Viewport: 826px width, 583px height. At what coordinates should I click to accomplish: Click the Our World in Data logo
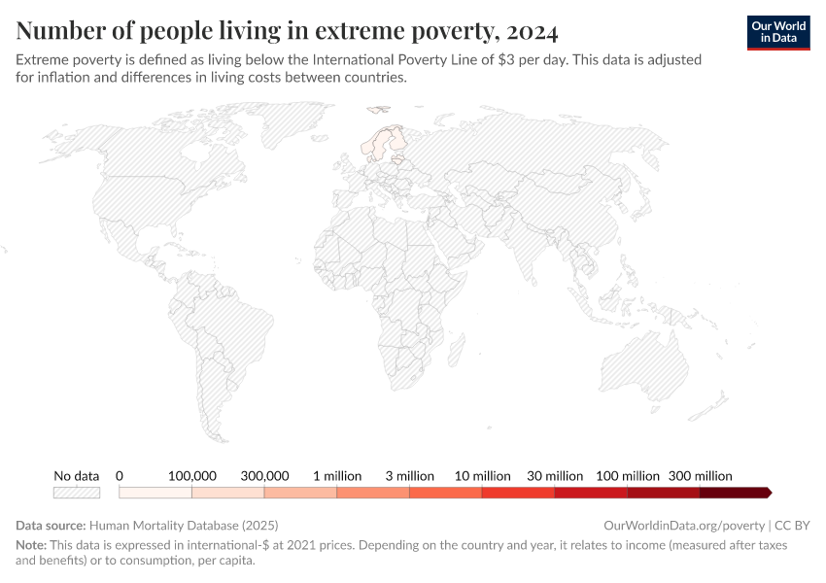777,32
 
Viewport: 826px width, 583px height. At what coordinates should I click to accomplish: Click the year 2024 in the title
531,31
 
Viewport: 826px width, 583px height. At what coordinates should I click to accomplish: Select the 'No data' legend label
77,476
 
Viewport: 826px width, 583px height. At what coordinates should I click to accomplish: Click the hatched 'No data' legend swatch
77,493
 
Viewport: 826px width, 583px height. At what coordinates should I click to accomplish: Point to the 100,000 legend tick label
191,476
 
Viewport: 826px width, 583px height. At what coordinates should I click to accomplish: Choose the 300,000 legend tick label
264,476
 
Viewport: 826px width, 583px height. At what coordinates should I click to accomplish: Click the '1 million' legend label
337,476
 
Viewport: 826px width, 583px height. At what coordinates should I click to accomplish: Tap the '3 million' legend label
409,476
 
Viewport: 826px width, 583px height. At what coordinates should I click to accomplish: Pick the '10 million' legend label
482,476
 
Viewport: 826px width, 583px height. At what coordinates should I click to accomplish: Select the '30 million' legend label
555,476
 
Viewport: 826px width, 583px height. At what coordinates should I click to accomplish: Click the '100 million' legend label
628,476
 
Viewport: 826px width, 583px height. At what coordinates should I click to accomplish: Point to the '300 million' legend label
700,476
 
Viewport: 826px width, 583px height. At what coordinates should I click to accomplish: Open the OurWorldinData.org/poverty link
684,525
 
